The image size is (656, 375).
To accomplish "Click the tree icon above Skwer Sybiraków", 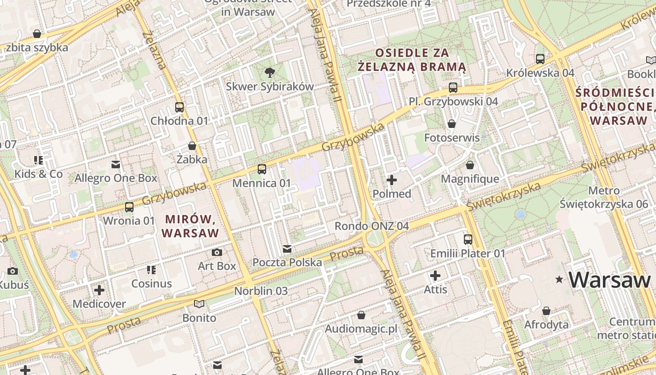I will (x=269, y=72).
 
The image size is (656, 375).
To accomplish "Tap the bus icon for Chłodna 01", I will (x=179, y=107).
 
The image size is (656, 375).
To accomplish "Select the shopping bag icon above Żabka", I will (x=192, y=146).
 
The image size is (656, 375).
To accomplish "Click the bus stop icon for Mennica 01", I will (x=262, y=169).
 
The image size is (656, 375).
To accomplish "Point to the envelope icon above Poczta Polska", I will (x=287, y=248).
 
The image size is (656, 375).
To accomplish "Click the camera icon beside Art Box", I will (x=216, y=253).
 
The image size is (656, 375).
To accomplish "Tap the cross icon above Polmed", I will (x=392, y=180).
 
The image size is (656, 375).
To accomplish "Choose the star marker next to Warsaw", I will (x=559, y=280).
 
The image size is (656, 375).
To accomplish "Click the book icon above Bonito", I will (x=199, y=304).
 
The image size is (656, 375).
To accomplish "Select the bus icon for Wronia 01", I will (x=129, y=207).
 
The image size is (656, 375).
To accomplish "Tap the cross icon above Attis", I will (x=435, y=276).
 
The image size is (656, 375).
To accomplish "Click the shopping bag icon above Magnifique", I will (x=470, y=165).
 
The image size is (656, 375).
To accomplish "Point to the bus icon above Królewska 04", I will (x=540, y=59).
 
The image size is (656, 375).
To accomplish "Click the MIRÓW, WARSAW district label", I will (x=190, y=226).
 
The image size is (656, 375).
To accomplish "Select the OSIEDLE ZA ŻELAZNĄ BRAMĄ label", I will (x=412, y=60).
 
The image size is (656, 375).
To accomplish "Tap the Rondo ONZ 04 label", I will (x=372, y=226).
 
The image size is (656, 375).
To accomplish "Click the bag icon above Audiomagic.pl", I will (x=361, y=315).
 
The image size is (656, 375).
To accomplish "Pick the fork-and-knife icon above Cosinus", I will (x=151, y=270).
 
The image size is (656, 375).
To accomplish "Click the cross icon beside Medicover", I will (x=99, y=290).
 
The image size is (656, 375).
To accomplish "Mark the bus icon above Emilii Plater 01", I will (x=468, y=240).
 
